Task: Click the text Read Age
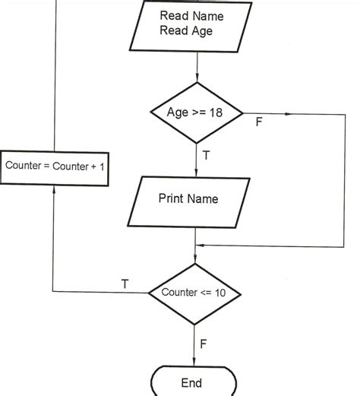pos(187,30)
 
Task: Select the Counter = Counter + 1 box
pos(55,166)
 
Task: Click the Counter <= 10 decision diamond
pos(194,293)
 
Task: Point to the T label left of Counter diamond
pos(125,284)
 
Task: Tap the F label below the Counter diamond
pos(203,344)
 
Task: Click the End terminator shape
pos(191,382)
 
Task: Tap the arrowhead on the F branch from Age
pos(287,114)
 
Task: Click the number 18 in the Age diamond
pos(218,113)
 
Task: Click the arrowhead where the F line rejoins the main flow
pos(199,245)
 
